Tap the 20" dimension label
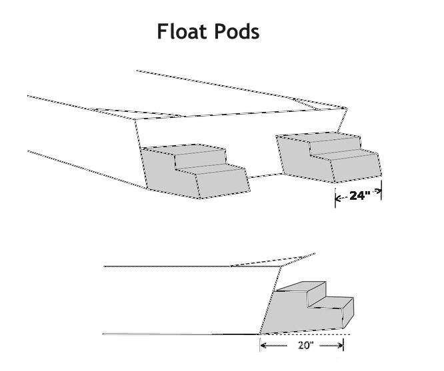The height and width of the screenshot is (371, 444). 301,346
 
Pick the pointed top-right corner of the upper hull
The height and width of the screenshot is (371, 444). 346,107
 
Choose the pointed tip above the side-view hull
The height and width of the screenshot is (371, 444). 313,254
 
